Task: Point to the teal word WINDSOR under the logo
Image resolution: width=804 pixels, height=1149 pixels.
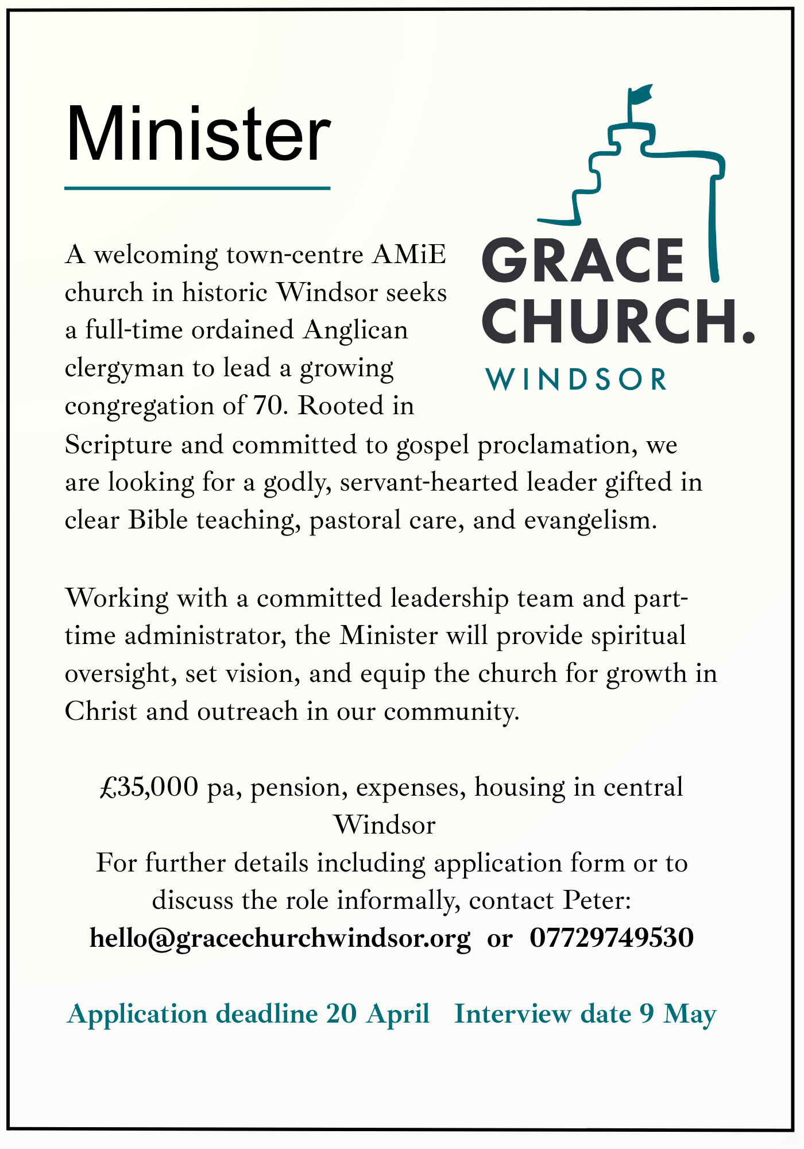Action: click(x=577, y=380)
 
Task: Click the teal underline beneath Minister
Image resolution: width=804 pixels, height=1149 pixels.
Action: click(x=197, y=188)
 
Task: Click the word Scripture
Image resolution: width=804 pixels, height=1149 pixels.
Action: click(x=118, y=445)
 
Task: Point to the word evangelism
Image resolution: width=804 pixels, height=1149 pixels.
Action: click(x=590, y=520)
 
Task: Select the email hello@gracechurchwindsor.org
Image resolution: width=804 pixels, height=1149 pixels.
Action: click(x=280, y=938)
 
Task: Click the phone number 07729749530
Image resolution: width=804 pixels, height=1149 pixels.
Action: click(x=612, y=938)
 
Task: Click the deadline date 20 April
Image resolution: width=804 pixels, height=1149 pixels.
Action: click(x=377, y=1014)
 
